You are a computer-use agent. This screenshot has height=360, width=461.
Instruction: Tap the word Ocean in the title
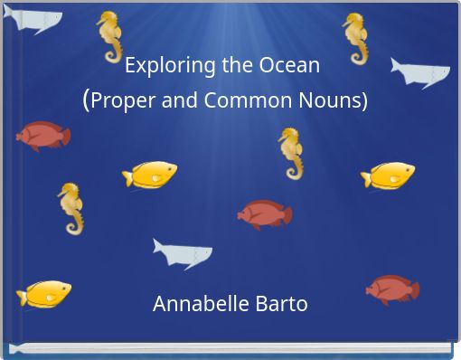point(289,66)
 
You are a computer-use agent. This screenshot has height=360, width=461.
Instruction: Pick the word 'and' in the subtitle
point(180,100)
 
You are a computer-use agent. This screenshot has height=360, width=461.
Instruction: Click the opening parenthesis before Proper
point(86,99)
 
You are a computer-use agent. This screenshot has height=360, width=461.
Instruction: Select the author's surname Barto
point(281,304)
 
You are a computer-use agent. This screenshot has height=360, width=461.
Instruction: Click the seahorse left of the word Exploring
point(109,36)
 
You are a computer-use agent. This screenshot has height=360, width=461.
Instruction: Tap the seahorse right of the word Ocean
point(355,38)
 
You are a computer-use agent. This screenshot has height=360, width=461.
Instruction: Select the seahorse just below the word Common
point(290,152)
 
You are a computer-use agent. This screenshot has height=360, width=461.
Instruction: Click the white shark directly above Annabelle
point(182,252)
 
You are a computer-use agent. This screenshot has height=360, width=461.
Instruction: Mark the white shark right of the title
point(420,71)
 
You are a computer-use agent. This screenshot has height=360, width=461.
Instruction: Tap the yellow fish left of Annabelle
point(43,294)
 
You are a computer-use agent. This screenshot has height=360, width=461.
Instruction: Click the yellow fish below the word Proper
point(150,174)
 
